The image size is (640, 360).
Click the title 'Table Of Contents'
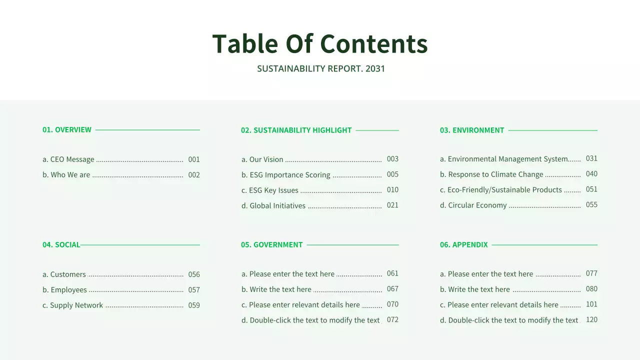[320, 43]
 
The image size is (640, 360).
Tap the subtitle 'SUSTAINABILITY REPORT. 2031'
[321, 68]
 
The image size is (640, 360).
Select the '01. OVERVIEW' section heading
[67, 129]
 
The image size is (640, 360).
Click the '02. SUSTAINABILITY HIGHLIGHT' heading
[296, 130]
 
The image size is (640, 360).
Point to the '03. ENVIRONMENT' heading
[472, 130]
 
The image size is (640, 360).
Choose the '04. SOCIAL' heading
[61, 244]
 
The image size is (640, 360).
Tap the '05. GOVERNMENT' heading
[271, 244]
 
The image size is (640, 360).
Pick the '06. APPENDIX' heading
[463, 244]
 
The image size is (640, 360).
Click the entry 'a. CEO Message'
[68, 159]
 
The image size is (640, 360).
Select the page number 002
[194, 175]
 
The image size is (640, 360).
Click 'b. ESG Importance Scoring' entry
[286, 175]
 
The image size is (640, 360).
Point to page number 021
[392, 205]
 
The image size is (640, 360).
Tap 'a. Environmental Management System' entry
[503, 159]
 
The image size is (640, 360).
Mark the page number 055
[591, 204]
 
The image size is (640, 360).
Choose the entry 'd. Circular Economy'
[473, 205]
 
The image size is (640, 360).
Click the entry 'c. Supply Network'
[73, 305]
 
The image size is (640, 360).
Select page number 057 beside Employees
[194, 290]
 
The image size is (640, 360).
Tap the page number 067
[392, 289]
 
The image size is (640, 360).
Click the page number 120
[591, 319]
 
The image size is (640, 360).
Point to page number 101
[591, 304]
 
